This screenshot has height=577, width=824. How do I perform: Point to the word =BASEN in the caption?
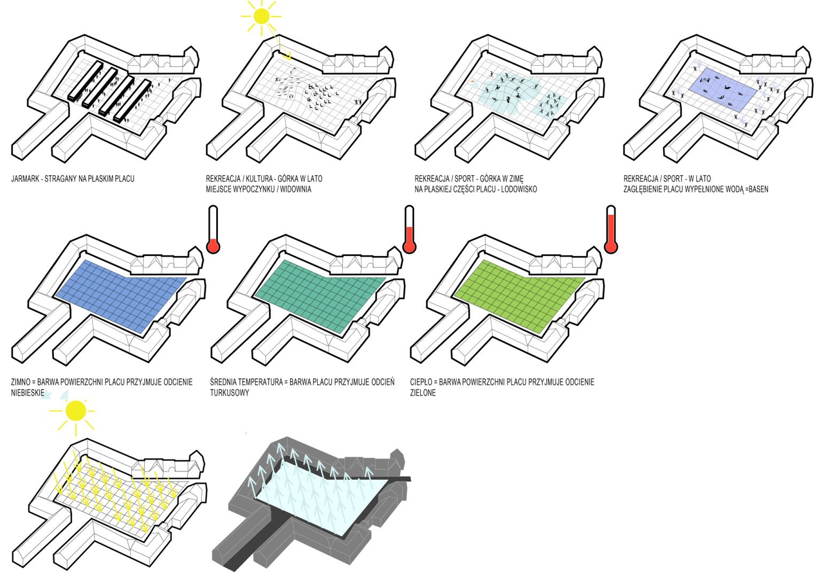(757, 189)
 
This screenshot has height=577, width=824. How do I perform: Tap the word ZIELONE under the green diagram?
(423, 393)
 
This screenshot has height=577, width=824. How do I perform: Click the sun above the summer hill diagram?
(262, 16)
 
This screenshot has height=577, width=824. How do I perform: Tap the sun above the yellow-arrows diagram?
(75, 411)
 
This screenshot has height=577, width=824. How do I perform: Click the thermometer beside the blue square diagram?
(213, 230)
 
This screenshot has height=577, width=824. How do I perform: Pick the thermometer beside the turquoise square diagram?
(410, 230)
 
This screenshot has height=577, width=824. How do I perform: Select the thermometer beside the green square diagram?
(611, 230)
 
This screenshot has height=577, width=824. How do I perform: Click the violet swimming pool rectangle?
(723, 89)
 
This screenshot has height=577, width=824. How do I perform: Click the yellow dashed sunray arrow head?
(288, 56)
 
